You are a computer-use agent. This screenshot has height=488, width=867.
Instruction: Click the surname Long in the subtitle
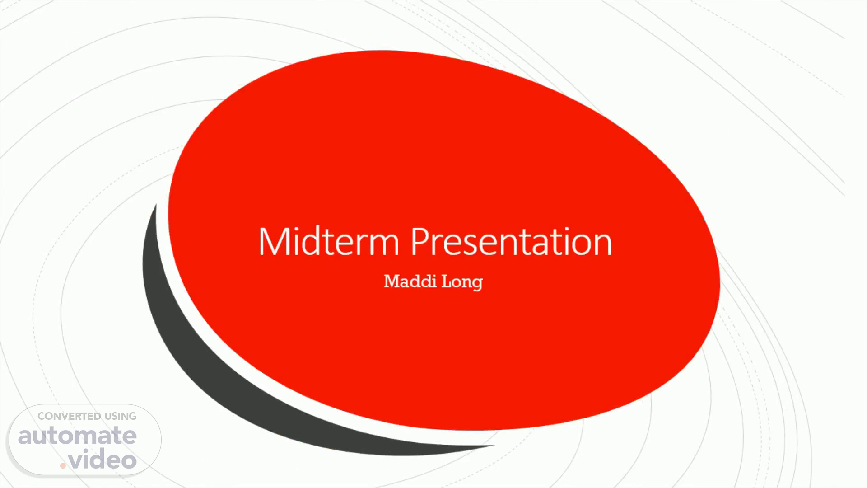click(462, 282)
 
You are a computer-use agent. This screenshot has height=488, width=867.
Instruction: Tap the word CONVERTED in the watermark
click(70, 416)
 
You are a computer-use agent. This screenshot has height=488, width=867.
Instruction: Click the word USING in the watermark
click(121, 416)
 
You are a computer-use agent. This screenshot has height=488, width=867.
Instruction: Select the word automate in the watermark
click(77, 436)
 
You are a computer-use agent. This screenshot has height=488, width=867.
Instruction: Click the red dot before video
click(63, 465)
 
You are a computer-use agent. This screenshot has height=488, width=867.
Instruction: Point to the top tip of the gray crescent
click(156, 204)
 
